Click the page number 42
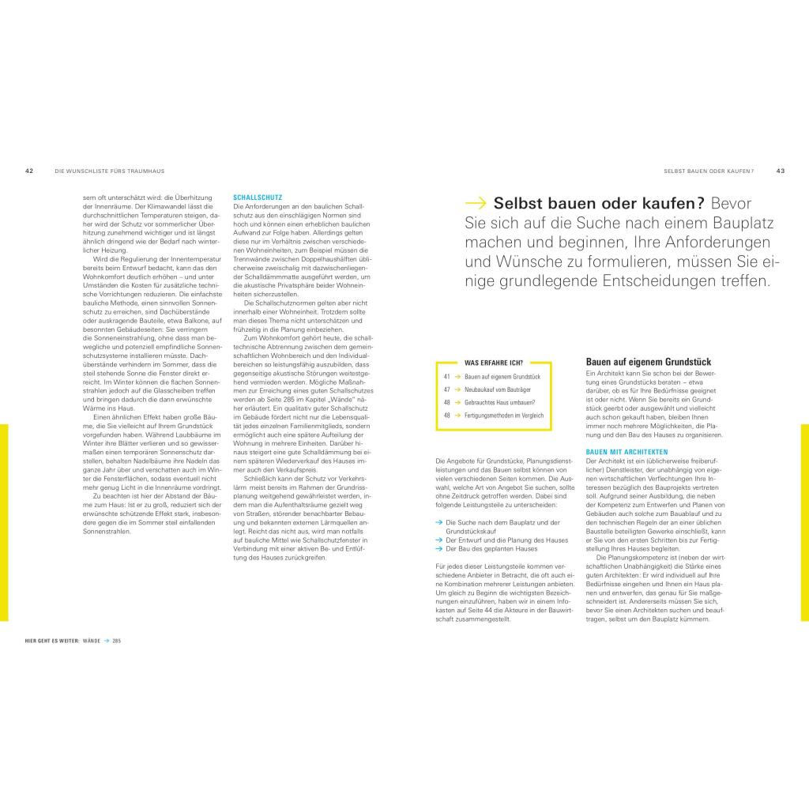coord(28,170)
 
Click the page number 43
coord(780,170)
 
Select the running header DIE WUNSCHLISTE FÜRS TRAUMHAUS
coord(115,170)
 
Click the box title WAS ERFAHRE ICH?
coord(494,362)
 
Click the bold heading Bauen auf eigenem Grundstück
coord(648,362)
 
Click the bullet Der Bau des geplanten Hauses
coord(491,548)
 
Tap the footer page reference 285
coord(116,641)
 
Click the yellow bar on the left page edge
coord(4,521)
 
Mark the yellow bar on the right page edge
coord(804,521)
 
